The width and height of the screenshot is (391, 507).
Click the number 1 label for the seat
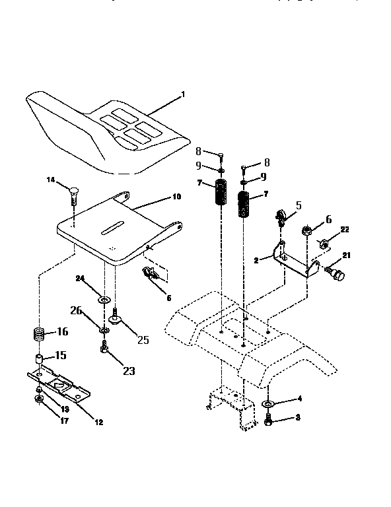(183, 94)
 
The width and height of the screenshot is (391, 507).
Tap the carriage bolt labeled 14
(73, 192)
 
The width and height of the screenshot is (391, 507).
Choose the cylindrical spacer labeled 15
(39, 360)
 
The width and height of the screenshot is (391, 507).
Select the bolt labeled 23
(104, 349)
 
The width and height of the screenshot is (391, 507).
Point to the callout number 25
(143, 340)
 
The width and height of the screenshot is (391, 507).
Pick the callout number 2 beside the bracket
(255, 261)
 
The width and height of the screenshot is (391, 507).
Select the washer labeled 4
(269, 404)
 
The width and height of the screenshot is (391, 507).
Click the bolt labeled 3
(268, 419)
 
